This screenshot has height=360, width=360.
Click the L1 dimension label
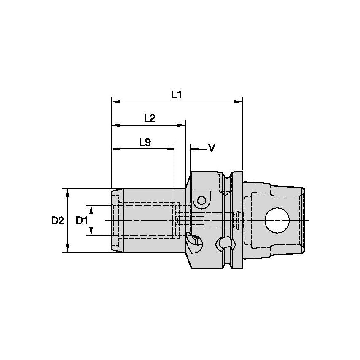pos(176,95)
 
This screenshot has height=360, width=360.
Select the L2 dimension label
pos(150,118)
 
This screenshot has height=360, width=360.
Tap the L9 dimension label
pos(145,142)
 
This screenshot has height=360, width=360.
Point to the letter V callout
pos(212,148)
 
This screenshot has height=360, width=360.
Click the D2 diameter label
pos(57,220)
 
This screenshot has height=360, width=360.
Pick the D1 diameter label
pos(81,220)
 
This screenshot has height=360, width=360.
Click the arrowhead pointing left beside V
pos(193,148)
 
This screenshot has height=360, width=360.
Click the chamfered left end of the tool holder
pos(114,220)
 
